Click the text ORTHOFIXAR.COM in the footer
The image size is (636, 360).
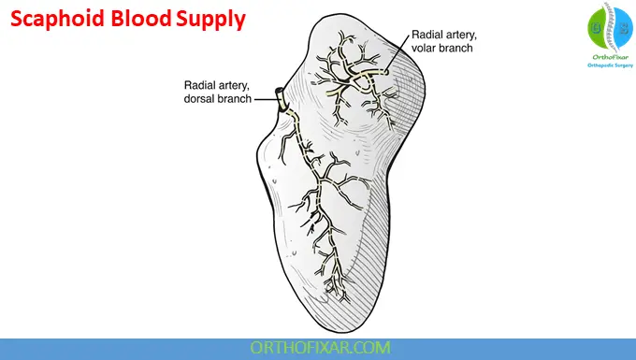(x=317, y=348)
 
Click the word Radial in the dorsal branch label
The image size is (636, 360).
(x=201, y=84)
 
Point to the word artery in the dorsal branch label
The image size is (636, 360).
(x=236, y=84)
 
